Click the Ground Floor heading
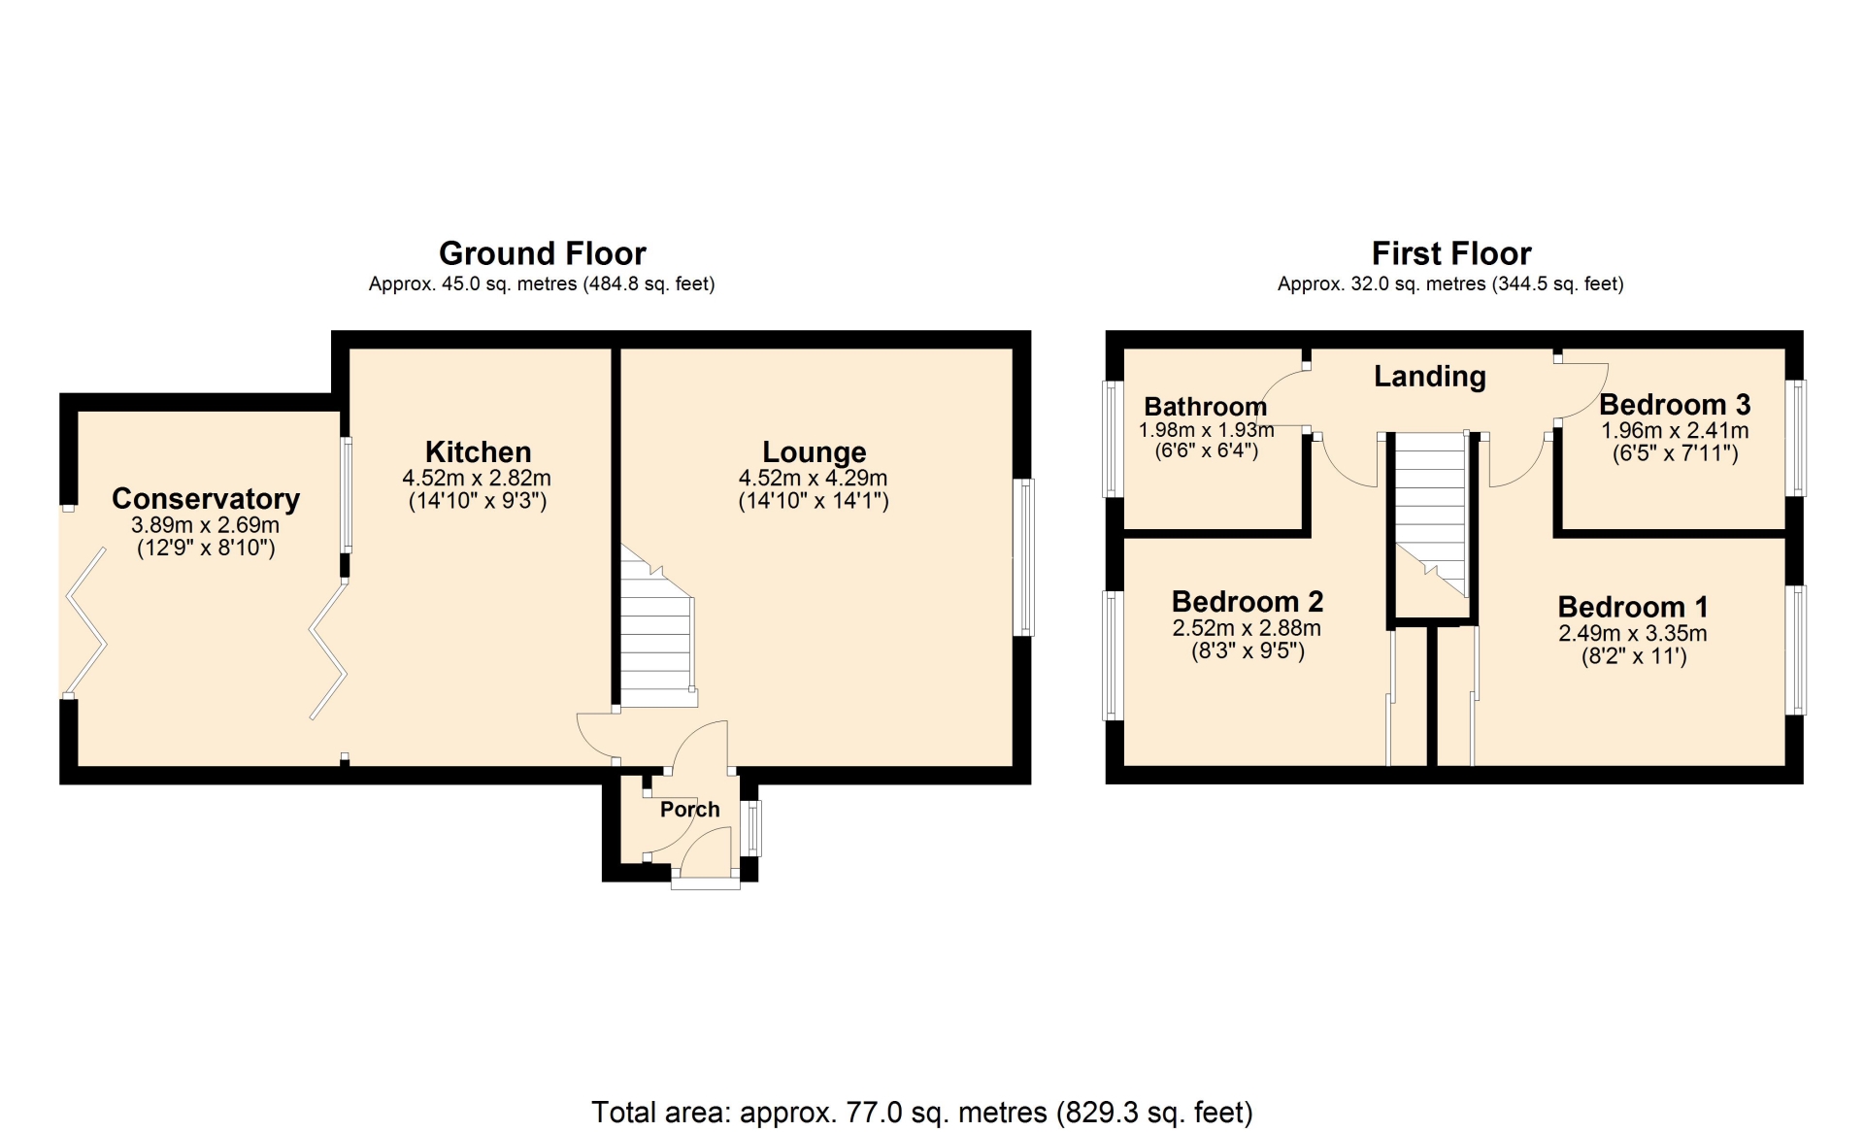point(542,253)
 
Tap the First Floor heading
point(1450,253)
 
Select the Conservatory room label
point(206,498)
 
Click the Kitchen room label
point(478,451)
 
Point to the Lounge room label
point(814,451)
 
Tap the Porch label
point(689,809)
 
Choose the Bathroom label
point(1205,406)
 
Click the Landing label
point(1429,376)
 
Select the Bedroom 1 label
point(1632,607)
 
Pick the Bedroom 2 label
point(1248,601)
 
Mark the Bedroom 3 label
point(1675,404)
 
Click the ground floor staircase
point(657,626)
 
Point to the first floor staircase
point(1430,515)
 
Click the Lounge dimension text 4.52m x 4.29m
point(814,478)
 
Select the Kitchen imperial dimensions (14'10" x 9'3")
point(478,501)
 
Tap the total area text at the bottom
point(922,1112)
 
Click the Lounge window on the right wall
point(1023,557)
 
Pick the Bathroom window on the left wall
point(1113,439)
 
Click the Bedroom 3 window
point(1796,438)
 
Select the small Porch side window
point(750,828)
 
